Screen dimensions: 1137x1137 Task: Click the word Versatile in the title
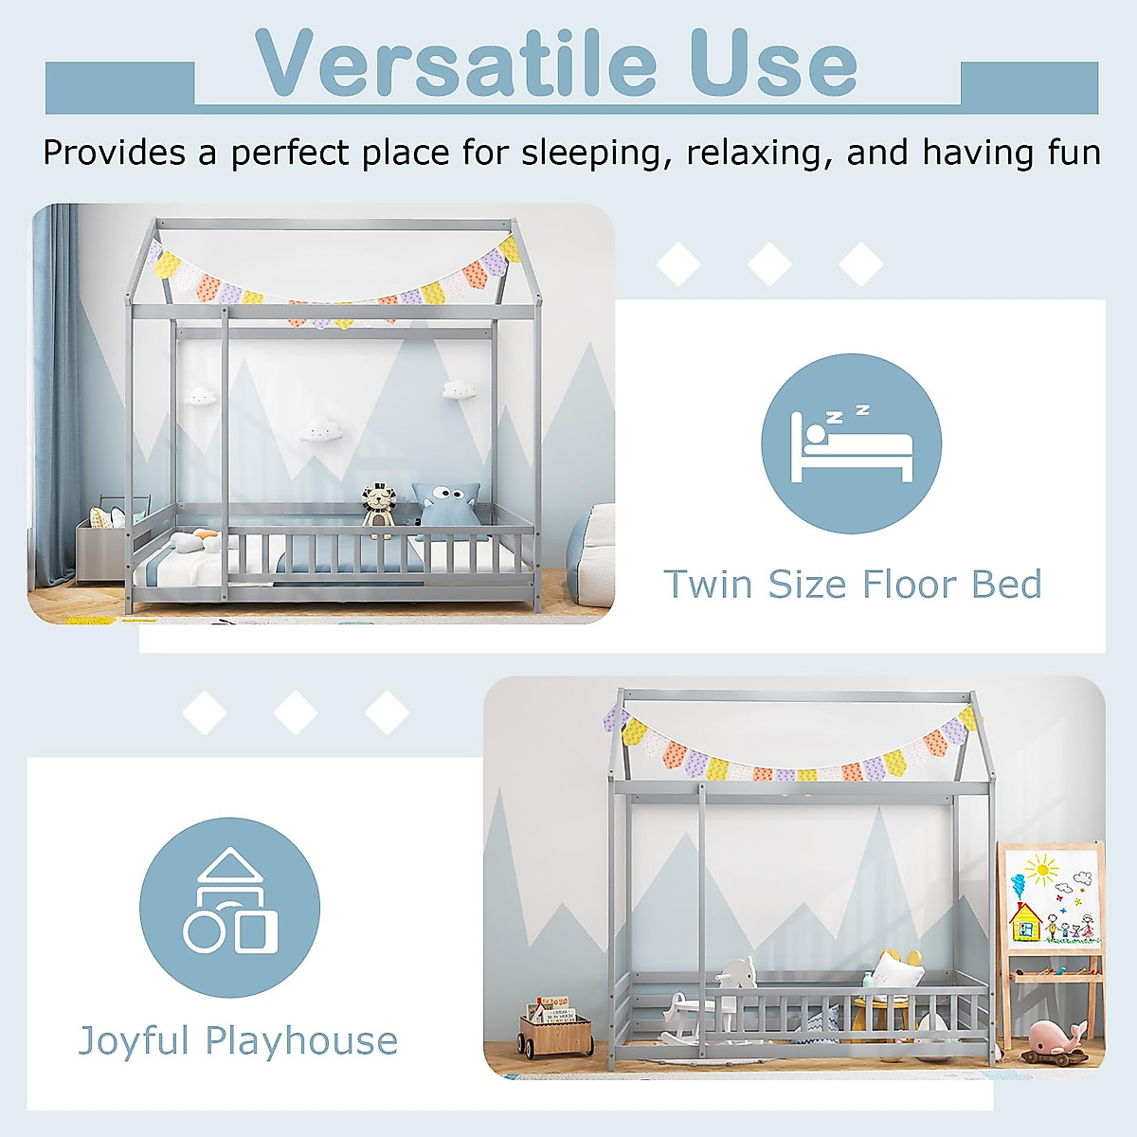tap(456, 63)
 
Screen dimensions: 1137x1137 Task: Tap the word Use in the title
tap(772, 63)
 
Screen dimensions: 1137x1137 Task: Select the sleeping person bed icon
tap(851, 443)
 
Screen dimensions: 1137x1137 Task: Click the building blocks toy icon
tap(230, 906)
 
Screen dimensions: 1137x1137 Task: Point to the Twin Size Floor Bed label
tap(852, 585)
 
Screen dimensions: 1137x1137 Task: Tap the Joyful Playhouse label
tap(238, 1040)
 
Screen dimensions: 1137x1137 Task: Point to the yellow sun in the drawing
tap(1042, 867)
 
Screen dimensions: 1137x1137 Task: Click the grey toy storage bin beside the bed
tap(104, 545)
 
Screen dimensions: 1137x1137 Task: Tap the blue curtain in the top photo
tap(57, 398)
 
